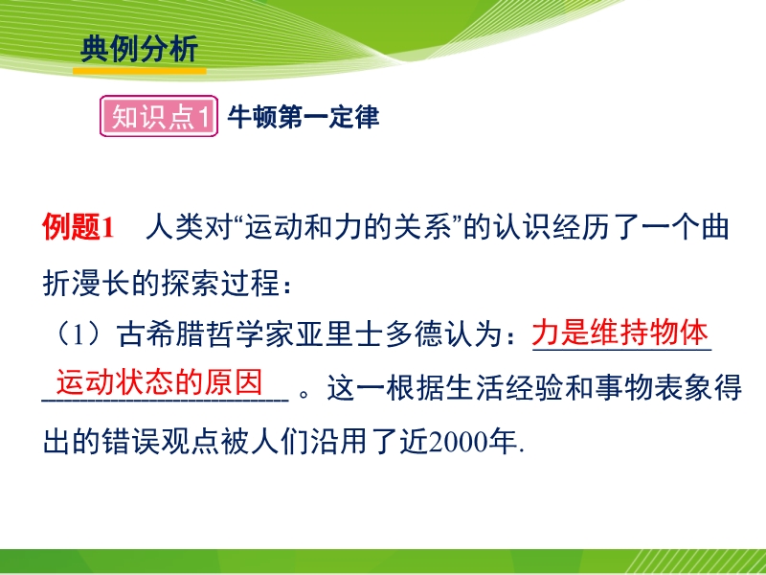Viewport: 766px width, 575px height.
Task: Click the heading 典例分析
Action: pos(139,49)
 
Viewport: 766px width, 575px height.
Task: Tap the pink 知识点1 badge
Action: pos(159,116)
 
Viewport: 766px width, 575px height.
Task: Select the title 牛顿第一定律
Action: pos(304,117)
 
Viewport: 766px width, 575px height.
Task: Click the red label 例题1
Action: pos(79,227)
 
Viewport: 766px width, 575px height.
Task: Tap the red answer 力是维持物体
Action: pos(620,333)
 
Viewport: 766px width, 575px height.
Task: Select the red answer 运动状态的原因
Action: pos(160,381)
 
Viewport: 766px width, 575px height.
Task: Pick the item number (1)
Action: pos(79,334)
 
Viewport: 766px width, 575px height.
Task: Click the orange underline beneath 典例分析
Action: pos(139,71)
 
